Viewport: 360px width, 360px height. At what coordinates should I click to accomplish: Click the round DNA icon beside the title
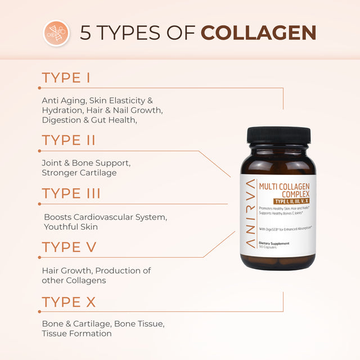coord(56,33)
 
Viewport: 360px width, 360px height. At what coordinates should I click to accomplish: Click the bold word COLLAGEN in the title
coord(258,33)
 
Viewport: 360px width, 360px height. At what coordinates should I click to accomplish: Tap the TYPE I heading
coord(66,78)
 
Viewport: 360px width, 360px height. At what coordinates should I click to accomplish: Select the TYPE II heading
coord(69,140)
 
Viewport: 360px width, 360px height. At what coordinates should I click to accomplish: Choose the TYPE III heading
coord(71,193)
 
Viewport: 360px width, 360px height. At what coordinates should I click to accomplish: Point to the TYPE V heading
coord(69,247)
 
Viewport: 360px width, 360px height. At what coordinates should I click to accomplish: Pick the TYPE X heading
coord(69,302)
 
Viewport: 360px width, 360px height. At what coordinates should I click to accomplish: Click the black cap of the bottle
coord(279,136)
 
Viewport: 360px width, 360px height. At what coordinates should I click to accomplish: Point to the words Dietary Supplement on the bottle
coord(274,243)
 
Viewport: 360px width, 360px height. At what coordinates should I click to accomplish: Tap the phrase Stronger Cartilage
coord(79,173)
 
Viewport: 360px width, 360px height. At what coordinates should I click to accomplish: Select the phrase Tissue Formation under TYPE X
coord(76,334)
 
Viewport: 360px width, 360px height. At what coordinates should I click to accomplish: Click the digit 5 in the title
coord(85,33)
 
